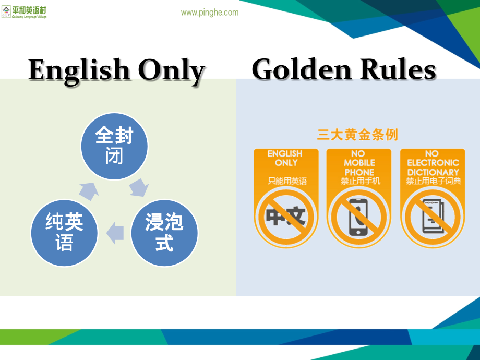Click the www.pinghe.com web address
point(209,13)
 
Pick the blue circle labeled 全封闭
point(114,146)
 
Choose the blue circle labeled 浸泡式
point(164,232)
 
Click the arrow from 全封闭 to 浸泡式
point(139,187)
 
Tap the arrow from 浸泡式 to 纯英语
point(115,233)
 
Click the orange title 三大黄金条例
point(357,135)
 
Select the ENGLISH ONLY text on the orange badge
point(285,158)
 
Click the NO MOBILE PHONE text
point(359,163)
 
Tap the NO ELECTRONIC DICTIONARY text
point(433,163)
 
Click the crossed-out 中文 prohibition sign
point(285,214)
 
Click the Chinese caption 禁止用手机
point(359,181)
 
